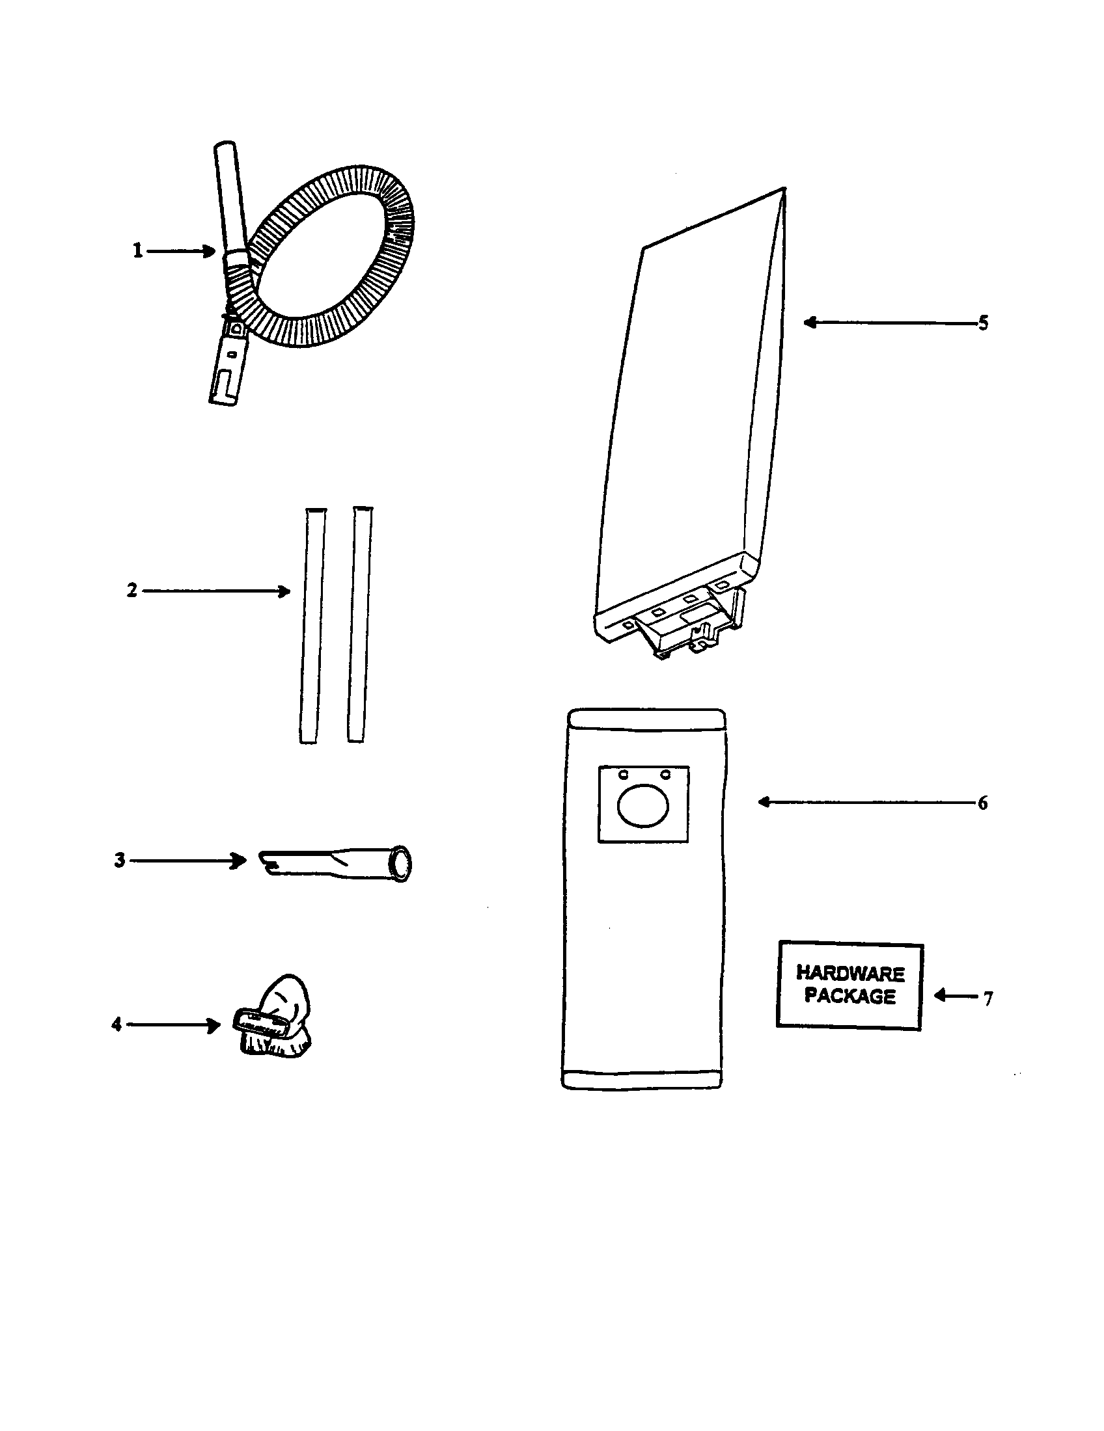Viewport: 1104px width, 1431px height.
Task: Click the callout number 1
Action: pos(137,251)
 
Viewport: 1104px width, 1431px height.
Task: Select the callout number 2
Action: pos(131,591)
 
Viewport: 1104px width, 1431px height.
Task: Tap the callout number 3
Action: pos(119,861)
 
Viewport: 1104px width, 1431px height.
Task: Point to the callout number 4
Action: pos(117,1024)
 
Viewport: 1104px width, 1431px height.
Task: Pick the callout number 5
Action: pos(983,323)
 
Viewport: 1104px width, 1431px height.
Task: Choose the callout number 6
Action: pos(982,803)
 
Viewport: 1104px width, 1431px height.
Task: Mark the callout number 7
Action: pos(987,998)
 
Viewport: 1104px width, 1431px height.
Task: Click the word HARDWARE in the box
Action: pos(850,973)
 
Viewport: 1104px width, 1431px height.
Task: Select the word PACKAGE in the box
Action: pos(849,996)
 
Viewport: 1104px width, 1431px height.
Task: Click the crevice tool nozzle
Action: pos(335,864)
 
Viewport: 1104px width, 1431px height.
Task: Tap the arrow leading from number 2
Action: pos(216,591)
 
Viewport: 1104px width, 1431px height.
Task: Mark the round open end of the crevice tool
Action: pos(400,863)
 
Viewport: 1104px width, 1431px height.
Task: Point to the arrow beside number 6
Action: pos(865,803)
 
